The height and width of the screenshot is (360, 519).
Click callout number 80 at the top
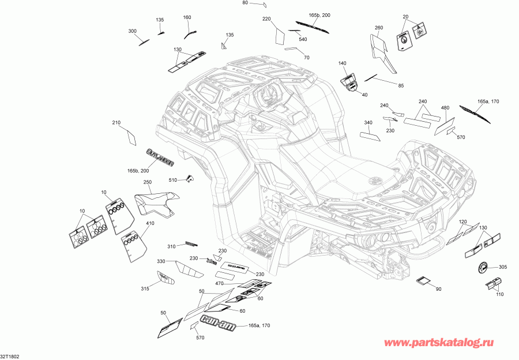click(x=245, y=3)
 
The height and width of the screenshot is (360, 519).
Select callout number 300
click(x=132, y=31)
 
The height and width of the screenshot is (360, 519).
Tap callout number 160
click(x=187, y=17)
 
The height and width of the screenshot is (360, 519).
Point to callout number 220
click(x=266, y=19)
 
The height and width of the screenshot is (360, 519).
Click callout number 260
click(x=379, y=28)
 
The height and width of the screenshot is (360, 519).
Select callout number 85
click(x=401, y=86)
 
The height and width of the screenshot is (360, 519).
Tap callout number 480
click(x=445, y=108)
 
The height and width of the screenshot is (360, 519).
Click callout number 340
click(x=368, y=122)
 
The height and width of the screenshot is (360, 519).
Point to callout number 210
click(x=116, y=123)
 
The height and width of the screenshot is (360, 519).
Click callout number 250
click(x=148, y=182)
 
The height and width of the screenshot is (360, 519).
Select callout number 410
click(x=150, y=223)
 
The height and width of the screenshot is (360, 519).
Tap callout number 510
click(x=173, y=180)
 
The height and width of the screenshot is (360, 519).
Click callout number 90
click(x=438, y=288)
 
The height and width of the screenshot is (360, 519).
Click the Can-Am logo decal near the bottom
click(x=217, y=323)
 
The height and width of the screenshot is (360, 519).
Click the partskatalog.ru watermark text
click(x=446, y=344)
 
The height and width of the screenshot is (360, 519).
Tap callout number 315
click(x=145, y=288)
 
